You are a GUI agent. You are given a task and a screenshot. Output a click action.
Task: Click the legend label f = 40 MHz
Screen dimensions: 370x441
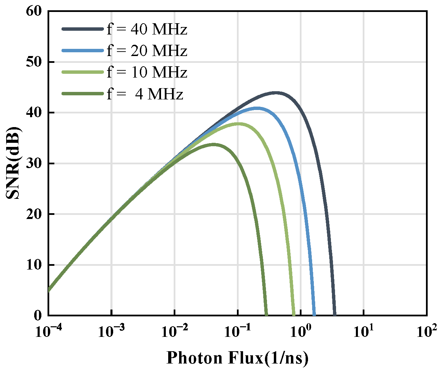point(147,29)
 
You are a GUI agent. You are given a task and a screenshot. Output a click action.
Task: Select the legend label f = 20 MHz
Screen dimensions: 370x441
point(147,51)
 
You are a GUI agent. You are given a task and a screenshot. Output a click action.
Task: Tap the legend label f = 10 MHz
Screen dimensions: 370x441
point(147,72)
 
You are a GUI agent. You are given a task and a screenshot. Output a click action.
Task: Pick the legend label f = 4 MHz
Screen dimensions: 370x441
point(145,94)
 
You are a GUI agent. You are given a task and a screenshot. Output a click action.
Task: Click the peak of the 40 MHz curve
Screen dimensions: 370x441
point(276,93)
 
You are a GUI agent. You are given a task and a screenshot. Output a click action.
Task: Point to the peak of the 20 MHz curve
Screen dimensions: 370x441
point(256,108)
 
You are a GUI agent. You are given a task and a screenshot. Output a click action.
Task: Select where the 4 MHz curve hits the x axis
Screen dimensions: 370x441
point(266,315)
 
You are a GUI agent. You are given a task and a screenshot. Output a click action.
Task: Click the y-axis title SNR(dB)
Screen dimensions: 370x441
point(14,163)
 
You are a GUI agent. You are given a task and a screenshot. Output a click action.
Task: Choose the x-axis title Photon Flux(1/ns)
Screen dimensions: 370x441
point(237,358)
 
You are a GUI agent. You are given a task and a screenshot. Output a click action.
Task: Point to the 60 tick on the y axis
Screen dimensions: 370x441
point(35,11)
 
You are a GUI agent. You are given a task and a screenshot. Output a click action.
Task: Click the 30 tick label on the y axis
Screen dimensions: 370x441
point(35,163)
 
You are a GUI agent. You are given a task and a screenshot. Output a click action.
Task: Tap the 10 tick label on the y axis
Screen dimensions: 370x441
point(35,265)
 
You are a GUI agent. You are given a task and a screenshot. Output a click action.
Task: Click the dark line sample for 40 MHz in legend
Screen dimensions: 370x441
point(82,29)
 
